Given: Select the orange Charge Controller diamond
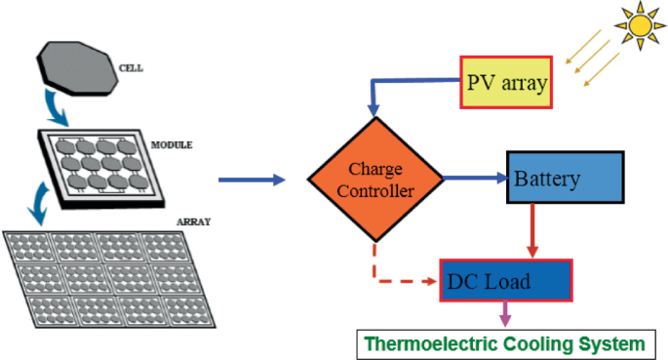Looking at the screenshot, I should pos(375,181).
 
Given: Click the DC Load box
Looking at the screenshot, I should pos(505,281).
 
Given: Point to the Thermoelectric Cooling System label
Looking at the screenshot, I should pos(505,343).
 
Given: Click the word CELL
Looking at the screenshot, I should pos(130,70).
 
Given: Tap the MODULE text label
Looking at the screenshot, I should pos(172,145).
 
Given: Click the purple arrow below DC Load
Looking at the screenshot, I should pos(505,315).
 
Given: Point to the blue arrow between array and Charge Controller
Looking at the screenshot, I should pos(251,180).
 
